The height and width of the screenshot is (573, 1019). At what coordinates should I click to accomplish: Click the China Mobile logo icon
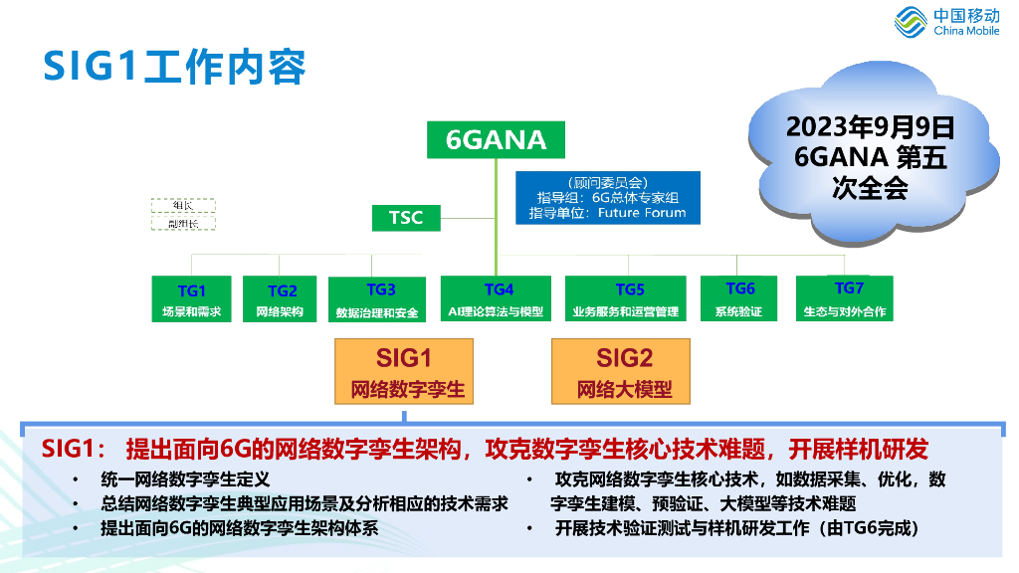coord(911,22)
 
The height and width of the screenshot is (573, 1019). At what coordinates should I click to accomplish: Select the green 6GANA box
coord(496,140)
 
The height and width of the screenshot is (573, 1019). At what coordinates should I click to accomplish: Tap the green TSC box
coord(405,217)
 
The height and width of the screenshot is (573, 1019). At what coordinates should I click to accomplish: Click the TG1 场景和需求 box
coord(191,299)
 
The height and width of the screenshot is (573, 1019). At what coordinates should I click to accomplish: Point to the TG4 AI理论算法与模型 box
coord(496,299)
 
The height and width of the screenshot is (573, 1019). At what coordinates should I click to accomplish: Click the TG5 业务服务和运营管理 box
coord(625,299)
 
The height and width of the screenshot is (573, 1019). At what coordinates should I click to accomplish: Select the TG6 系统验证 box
coord(738,299)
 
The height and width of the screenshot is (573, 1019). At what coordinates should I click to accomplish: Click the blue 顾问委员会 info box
coord(607,197)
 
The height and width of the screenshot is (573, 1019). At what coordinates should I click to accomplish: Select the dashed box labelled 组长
coord(183,205)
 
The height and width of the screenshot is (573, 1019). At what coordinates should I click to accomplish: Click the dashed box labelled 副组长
coord(183,223)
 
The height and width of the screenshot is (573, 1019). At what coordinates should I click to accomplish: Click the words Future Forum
coord(643,213)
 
